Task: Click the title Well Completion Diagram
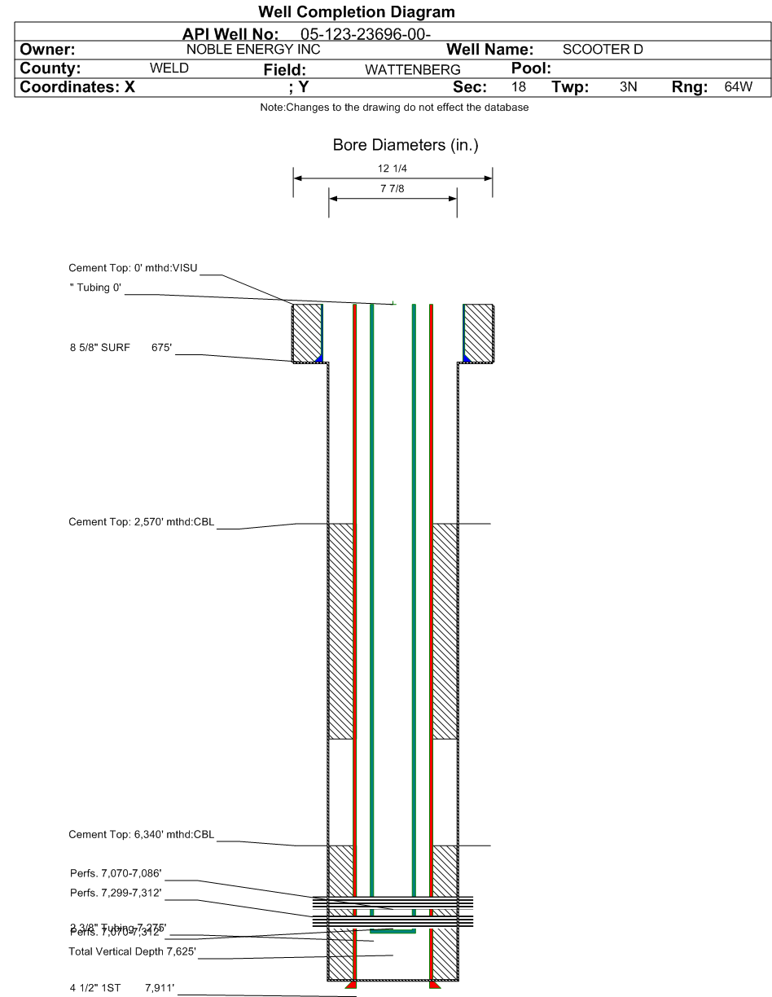click(356, 12)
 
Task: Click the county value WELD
click(169, 68)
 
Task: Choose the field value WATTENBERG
click(412, 70)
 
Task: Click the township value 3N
click(628, 87)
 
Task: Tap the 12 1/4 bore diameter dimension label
click(393, 169)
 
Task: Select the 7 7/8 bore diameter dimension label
click(393, 189)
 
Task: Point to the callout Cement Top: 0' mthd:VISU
click(134, 268)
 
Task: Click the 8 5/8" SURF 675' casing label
click(121, 348)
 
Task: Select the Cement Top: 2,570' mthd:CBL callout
click(141, 522)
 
